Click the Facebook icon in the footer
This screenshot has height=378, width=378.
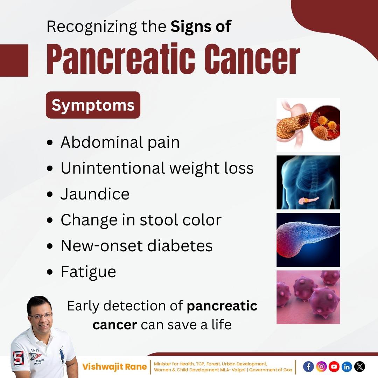[x=308, y=366]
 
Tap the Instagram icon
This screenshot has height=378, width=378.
[x=321, y=366]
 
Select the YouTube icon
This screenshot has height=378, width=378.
[x=334, y=366]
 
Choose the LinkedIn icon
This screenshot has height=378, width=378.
[x=346, y=366]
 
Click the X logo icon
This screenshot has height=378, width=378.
[x=359, y=366]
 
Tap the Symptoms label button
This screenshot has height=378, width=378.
[x=93, y=105]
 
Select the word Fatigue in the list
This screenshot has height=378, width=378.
[x=88, y=272]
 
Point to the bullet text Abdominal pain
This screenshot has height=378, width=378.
[x=120, y=142]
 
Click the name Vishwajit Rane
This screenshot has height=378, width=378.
[x=114, y=367]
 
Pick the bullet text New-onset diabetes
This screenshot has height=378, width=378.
[x=136, y=246]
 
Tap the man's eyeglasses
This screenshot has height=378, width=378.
[x=41, y=316]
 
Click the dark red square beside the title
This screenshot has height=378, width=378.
[x=14, y=60]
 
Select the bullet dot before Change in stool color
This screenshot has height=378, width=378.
[x=50, y=220]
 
